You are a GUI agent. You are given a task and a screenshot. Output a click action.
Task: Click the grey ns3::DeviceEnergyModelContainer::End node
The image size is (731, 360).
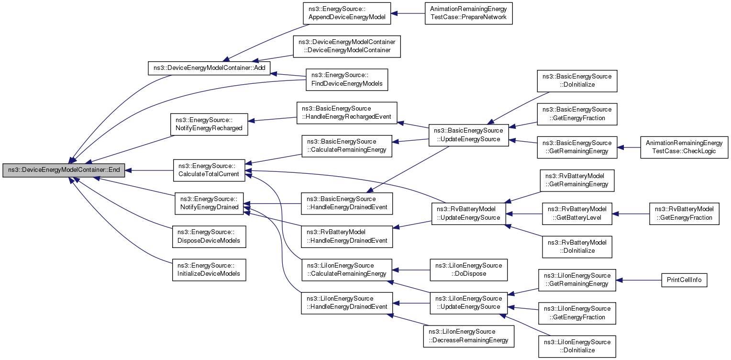pyautogui.click(x=64, y=170)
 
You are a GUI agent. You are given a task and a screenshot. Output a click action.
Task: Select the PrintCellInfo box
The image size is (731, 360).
pyautogui.click(x=684, y=280)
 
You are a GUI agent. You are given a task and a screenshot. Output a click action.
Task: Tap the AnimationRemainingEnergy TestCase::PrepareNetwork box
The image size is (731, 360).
pyautogui.click(x=468, y=13)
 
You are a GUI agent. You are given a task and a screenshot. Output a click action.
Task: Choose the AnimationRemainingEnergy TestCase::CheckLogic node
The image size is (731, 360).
pyautogui.click(x=684, y=147)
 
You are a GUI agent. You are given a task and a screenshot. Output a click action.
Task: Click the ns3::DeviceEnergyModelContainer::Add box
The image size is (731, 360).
pyautogui.click(x=209, y=68)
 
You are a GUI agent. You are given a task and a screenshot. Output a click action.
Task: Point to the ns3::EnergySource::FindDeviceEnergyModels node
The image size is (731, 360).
pyautogui.click(x=346, y=80)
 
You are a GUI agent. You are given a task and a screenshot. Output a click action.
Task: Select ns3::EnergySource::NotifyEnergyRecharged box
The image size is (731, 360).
pyautogui.click(x=209, y=124)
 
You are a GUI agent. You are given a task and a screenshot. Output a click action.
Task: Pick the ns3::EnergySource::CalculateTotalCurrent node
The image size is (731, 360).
pyautogui.click(x=209, y=170)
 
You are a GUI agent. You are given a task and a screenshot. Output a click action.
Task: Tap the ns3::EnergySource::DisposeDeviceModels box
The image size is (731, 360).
pyautogui.click(x=209, y=236)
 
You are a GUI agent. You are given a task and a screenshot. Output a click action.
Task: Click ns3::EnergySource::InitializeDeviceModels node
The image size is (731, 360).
pyautogui.click(x=209, y=270)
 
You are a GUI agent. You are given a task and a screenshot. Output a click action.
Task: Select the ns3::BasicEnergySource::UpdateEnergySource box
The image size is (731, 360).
pyautogui.click(x=468, y=135)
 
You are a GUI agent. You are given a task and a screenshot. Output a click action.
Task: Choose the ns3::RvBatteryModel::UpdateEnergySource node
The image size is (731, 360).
pyautogui.click(x=468, y=214)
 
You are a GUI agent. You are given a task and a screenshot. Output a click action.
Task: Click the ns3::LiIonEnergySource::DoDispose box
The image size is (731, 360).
pyautogui.click(x=468, y=270)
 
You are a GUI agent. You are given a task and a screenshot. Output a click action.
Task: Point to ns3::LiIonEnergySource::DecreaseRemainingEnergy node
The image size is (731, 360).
pyautogui.click(x=468, y=336)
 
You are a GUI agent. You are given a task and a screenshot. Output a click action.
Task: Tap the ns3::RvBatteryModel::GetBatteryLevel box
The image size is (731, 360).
pyautogui.click(x=577, y=214)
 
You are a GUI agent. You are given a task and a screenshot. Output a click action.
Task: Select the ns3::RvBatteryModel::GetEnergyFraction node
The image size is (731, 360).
pyautogui.click(x=684, y=214)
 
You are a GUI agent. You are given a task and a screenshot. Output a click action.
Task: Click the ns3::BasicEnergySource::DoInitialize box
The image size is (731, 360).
pyautogui.click(x=577, y=81)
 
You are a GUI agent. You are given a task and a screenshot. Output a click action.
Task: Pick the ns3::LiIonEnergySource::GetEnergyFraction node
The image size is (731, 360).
pyautogui.click(x=577, y=313)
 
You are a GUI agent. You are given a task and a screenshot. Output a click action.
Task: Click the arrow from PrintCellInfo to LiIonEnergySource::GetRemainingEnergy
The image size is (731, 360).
pyautogui.click(x=639, y=280)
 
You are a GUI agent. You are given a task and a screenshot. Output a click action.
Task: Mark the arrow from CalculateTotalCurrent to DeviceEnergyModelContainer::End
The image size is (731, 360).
pyautogui.click(x=149, y=170)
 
